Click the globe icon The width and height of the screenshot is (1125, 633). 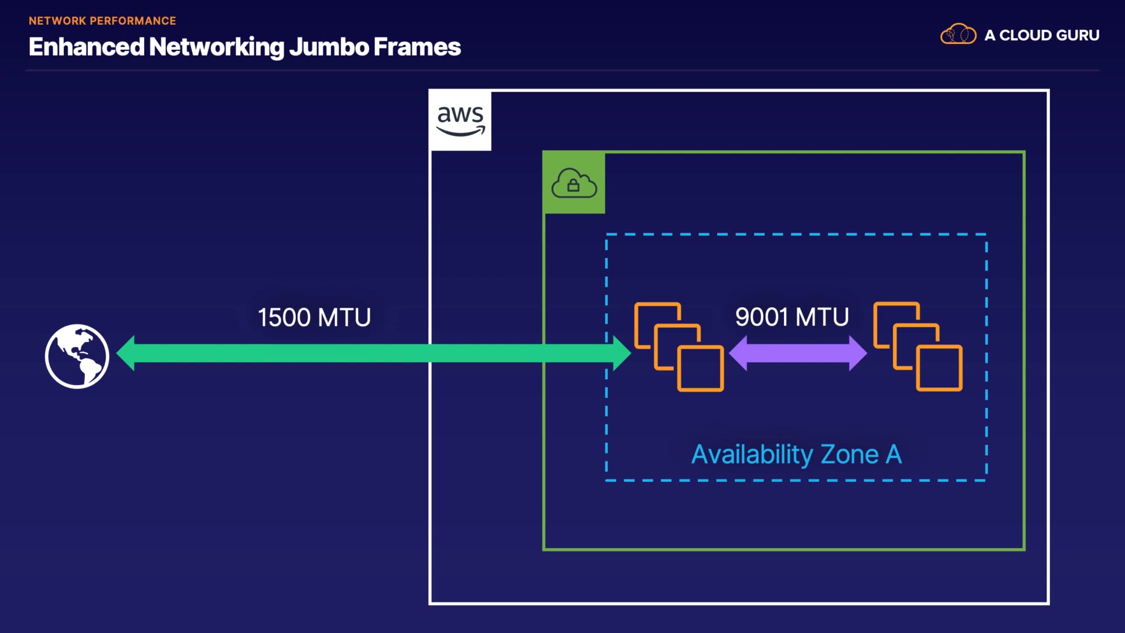77,356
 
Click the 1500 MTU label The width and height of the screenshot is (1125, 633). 315,318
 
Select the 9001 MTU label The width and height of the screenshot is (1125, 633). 792,317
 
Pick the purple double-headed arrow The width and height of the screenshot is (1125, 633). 797,353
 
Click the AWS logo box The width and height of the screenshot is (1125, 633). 461,120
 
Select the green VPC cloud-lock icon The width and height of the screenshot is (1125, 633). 574,183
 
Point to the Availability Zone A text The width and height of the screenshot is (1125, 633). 796,454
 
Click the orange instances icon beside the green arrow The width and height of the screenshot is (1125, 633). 679,346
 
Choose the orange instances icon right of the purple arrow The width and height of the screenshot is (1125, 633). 918,346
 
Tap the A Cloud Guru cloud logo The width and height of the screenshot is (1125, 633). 958,35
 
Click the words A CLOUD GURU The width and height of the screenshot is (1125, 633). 1042,35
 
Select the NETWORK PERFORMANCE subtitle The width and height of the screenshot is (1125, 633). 103,21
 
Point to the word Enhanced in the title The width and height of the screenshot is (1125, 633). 86,47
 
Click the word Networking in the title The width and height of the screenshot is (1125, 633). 217,47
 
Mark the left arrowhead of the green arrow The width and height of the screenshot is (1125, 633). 126,353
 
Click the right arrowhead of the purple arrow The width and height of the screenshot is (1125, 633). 858,353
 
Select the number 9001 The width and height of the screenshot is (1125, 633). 762,317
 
